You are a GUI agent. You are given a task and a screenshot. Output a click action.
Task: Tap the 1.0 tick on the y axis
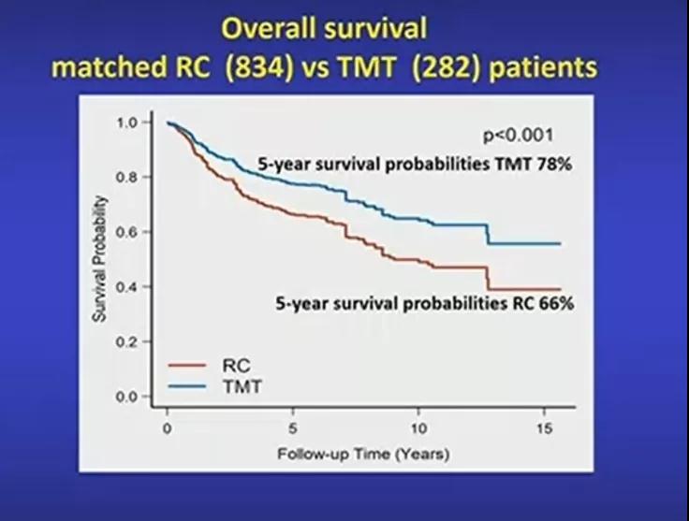click(127, 123)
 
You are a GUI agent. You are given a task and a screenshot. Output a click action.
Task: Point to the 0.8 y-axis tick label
click(127, 177)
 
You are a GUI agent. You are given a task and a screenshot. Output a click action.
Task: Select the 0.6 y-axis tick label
click(127, 232)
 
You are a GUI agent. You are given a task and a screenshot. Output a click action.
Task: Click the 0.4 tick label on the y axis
click(127, 287)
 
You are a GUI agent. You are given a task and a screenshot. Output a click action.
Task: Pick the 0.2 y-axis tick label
click(127, 342)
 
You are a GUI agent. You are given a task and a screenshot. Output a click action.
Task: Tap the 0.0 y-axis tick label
click(127, 398)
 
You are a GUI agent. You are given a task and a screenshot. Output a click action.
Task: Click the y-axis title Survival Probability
click(100, 259)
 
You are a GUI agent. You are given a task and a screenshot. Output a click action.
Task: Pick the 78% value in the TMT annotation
click(552, 164)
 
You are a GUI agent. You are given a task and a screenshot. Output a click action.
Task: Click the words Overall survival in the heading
click(323, 28)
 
